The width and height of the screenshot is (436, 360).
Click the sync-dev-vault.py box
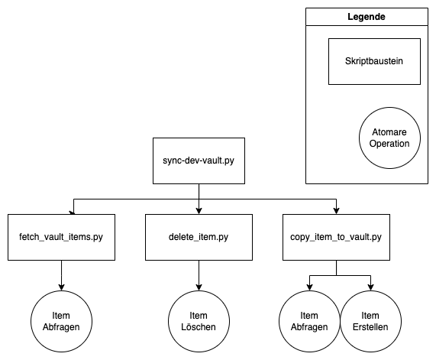pos(199,161)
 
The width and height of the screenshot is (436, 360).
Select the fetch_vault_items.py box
pos(61,237)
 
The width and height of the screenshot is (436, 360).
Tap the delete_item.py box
pos(199,237)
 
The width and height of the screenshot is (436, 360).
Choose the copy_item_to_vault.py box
pos(336,237)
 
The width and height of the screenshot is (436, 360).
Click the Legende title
pos(367,17)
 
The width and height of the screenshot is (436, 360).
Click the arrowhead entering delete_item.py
pos(199,211)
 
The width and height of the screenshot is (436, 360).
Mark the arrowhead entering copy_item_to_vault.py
pos(336,211)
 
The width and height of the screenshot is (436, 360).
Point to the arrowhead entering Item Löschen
pos(199,287)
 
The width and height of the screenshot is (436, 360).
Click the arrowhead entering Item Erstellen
pos(370,287)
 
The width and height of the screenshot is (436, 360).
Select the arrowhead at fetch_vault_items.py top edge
pos(73,213)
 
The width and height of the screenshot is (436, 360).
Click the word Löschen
pos(199,327)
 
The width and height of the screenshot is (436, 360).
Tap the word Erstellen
pos(370,327)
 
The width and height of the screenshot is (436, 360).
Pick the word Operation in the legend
pos(389,144)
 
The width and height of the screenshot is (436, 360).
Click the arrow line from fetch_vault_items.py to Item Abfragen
pos(61,276)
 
